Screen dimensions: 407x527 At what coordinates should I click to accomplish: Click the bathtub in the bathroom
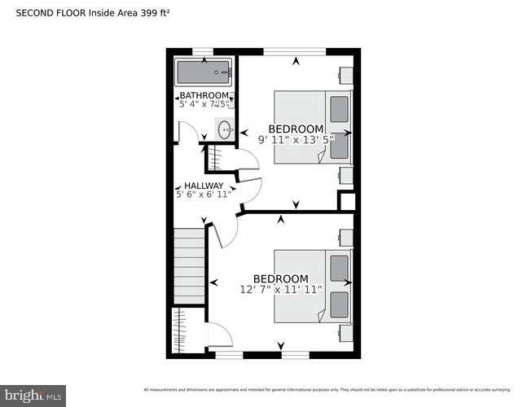[x=204, y=73]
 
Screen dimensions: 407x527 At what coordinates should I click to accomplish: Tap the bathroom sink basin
[x=224, y=129]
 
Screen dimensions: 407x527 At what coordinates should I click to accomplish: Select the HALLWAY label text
[x=204, y=186]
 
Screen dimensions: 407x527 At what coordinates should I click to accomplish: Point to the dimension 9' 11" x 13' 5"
[x=296, y=139]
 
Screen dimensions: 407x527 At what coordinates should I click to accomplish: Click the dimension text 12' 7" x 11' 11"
[x=281, y=289]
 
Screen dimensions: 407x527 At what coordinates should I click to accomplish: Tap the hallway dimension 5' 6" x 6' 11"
[x=204, y=195]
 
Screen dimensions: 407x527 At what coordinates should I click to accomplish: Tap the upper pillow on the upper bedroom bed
[x=339, y=107]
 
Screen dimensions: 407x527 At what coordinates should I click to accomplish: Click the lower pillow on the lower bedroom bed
[x=339, y=304]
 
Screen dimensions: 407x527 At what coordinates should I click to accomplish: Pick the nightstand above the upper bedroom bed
[x=346, y=75]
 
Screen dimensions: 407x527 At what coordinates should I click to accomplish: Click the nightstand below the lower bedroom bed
[x=346, y=332]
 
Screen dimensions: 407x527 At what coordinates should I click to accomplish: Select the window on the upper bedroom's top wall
[x=295, y=52]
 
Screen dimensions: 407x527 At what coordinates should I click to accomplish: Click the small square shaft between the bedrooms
[x=347, y=202]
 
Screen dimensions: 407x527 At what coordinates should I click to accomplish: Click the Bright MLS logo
[x=33, y=396]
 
